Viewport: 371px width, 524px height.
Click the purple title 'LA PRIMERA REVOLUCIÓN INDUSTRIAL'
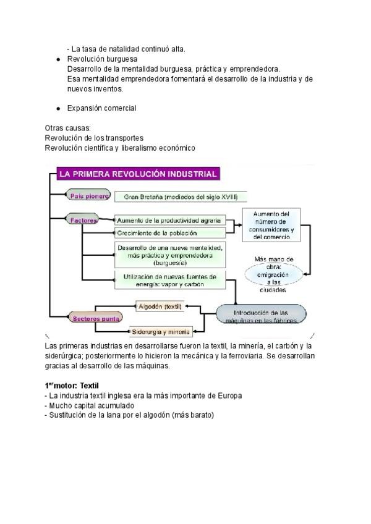pyautogui.click(x=137, y=174)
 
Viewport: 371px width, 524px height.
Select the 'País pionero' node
pyautogui.click(x=88, y=196)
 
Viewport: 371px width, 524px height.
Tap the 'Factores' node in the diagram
pyautogui.click(x=82, y=220)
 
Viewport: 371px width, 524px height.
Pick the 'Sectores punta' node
pyautogui.click(x=96, y=318)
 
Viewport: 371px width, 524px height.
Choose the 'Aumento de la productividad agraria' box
pyautogui.click(x=168, y=221)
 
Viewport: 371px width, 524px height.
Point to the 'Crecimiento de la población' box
pyautogui.click(x=168, y=233)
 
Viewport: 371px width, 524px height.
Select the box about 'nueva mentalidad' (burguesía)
pyautogui.click(x=169, y=255)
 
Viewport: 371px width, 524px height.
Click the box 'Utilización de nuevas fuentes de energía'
pyautogui.click(x=169, y=280)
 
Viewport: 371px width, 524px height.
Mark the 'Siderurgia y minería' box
pyautogui.click(x=161, y=331)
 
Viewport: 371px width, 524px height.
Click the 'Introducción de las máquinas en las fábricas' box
pyautogui.click(x=260, y=316)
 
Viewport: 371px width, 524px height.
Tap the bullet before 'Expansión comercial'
pyautogui.click(x=58, y=108)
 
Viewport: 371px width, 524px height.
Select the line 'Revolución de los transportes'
pyautogui.click(x=94, y=138)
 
